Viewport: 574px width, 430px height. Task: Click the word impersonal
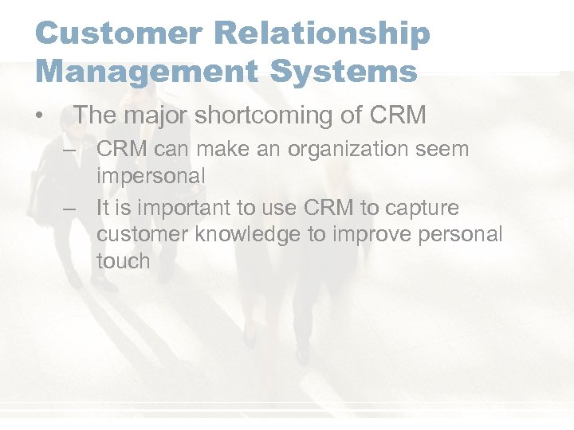click(151, 175)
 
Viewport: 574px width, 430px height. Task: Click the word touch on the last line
click(123, 261)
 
